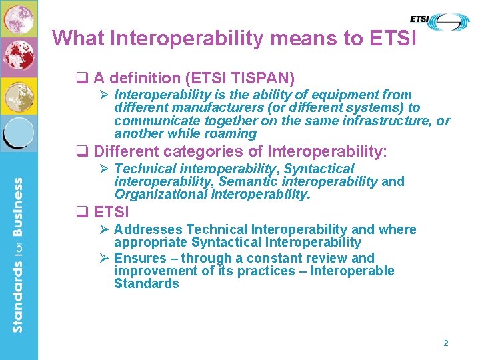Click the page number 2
(x=446, y=343)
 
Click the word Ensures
(x=140, y=258)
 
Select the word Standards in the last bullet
(x=147, y=284)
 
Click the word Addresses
(x=149, y=230)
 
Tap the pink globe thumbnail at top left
(x=18, y=18)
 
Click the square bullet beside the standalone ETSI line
(x=84, y=213)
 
